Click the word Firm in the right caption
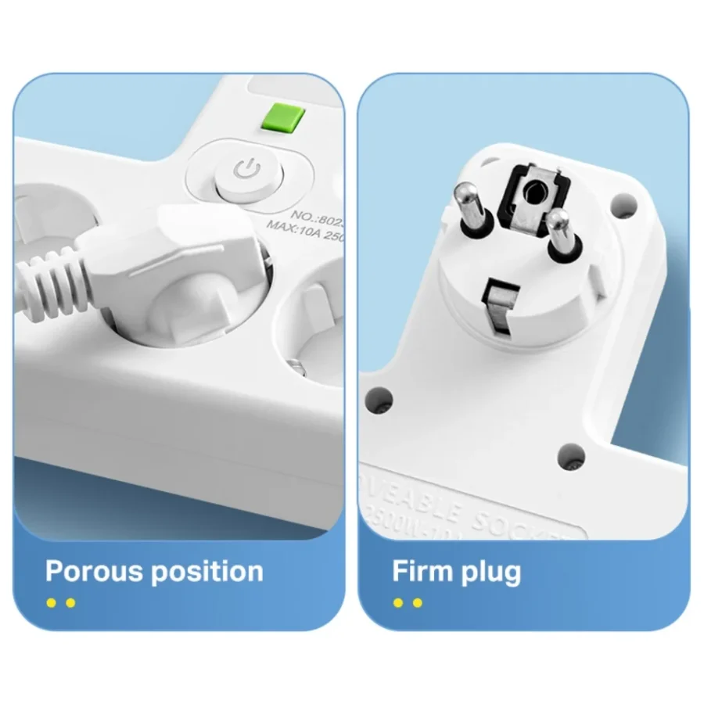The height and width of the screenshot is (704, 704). click(x=422, y=572)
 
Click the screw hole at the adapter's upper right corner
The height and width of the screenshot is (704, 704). click(x=622, y=206)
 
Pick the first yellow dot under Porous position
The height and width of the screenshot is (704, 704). click(x=52, y=602)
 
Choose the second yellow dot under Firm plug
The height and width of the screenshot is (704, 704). click(x=417, y=602)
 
